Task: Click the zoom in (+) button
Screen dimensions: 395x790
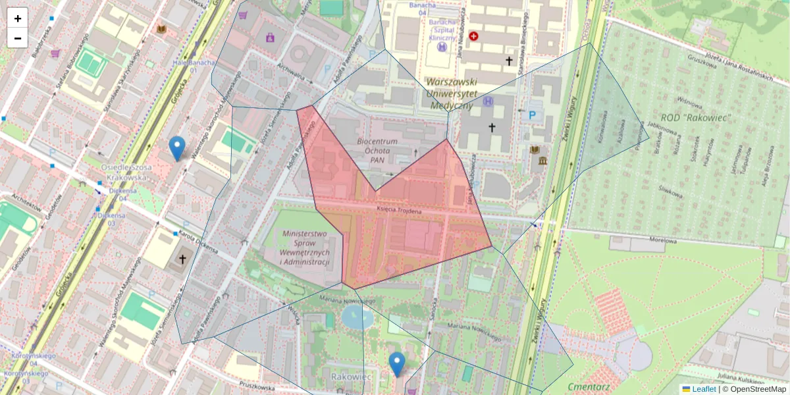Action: point(18,18)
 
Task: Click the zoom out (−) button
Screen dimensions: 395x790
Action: point(18,38)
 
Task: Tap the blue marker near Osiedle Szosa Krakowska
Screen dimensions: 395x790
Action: point(176,148)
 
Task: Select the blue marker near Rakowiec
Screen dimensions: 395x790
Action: point(396,363)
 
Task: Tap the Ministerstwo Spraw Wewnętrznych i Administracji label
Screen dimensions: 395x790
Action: point(304,248)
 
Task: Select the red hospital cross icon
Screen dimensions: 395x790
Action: point(473,36)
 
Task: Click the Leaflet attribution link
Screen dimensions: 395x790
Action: point(703,389)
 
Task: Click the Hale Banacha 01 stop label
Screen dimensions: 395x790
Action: point(184,66)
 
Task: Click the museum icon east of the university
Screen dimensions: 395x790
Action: point(542,162)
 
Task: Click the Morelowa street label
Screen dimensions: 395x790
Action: point(663,240)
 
